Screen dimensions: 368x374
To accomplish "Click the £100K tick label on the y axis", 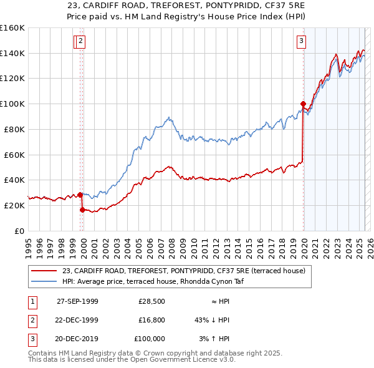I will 12,104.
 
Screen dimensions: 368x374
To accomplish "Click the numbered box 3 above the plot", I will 301,42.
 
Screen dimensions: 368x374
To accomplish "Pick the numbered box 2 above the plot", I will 82,42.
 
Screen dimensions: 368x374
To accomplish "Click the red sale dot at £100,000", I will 303,104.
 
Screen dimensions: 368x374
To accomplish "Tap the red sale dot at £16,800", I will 82,210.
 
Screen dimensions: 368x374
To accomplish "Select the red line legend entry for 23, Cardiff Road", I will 183,271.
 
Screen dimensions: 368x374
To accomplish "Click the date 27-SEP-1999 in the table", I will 77,301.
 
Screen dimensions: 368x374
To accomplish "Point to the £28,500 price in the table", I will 151,301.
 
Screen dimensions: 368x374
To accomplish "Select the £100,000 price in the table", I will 150,339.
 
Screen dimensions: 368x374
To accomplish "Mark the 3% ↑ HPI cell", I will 214,339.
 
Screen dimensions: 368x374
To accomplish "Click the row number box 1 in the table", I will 31,301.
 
